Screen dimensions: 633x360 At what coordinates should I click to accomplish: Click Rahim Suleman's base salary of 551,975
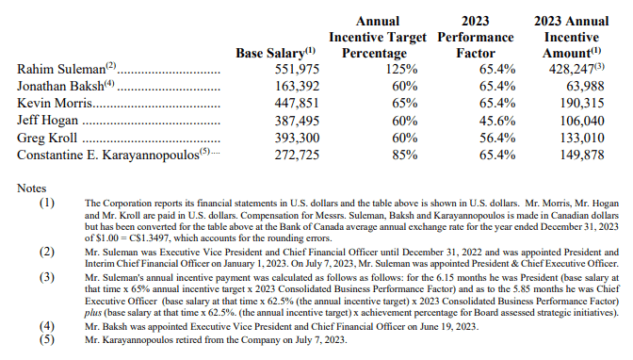coord(297,69)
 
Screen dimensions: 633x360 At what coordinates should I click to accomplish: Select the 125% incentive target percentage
coord(401,69)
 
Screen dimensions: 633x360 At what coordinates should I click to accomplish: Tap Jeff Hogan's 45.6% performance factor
coord(497,121)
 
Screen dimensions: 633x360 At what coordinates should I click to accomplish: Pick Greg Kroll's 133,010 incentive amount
coord(582,138)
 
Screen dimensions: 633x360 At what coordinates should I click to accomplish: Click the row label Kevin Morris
coord(55,103)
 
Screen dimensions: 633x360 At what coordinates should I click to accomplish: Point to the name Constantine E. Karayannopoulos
coord(108,155)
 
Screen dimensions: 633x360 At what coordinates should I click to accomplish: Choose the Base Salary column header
coord(269,53)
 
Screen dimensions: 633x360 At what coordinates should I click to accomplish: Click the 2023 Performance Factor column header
coord(476,37)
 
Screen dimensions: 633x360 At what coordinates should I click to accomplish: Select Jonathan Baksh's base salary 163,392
coord(297,86)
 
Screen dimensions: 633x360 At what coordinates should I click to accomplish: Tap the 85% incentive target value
coord(405,155)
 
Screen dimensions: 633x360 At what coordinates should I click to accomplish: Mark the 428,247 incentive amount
coord(571,69)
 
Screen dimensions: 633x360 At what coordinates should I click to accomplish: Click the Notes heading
coord(31,188)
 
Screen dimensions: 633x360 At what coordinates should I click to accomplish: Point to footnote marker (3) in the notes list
coord(47,277)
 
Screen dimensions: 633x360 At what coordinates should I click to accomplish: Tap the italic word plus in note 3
coord(93,313)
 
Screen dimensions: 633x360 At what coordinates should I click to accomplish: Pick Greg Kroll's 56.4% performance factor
coord(497,138)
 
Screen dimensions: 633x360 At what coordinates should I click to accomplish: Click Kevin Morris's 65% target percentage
coord(405,103)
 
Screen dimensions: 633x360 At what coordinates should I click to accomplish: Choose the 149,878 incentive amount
coord(582,155)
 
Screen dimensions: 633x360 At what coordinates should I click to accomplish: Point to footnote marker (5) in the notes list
coord(47,339)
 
